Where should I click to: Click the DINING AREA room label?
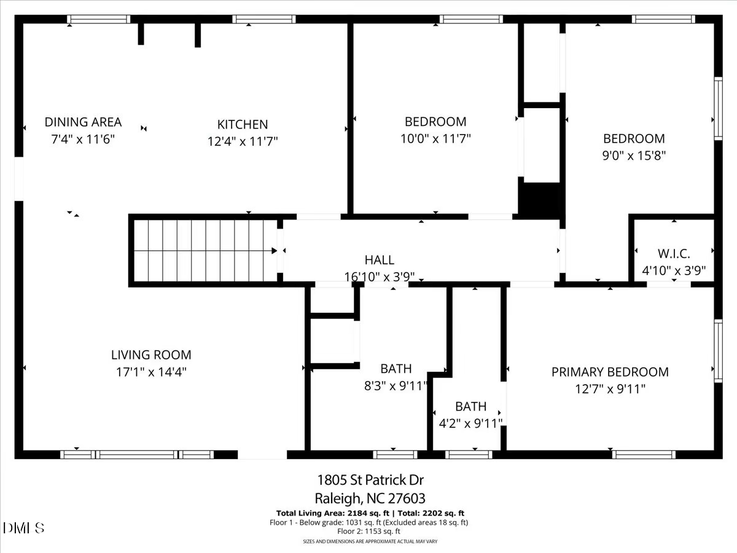(83, 122)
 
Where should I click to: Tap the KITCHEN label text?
(243, 124)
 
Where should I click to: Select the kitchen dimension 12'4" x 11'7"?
(243, 141)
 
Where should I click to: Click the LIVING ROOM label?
(151, 355)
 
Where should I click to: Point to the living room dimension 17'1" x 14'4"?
(151, 372)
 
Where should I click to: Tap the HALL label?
(379, 261)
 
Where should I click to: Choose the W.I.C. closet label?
(674, 253)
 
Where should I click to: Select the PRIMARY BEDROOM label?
(610, 372)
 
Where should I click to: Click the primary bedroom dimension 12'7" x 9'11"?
(610, 389)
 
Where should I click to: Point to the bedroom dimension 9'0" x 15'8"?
(634, 156)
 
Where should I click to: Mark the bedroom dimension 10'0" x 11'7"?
(435, 139)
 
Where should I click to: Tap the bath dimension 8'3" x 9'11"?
(396, 386)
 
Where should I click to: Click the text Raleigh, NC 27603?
(370, 498)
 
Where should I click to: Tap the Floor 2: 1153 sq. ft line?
(370, 531)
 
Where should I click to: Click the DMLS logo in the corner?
(23, 528)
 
